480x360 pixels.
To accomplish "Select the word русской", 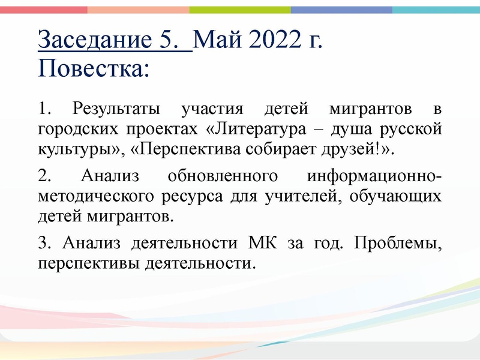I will point(415,129).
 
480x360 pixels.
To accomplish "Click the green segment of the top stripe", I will point(240,10).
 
